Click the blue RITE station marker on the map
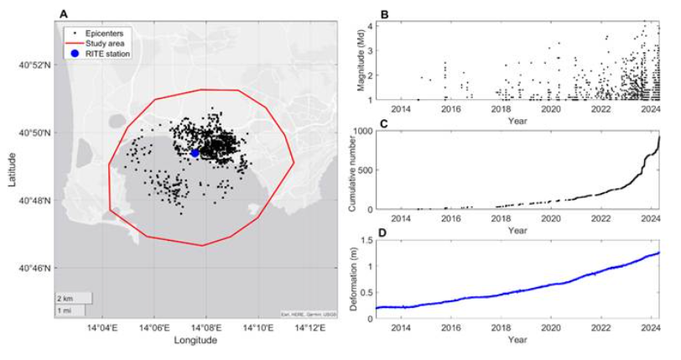pyautogui.click(x=195, y=153)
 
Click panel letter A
pyautogui.click(x=64, y=13)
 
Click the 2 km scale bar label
pyautogui.click(x=64, y=299)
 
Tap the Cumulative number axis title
pyautogui.click(x=346, y=171)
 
